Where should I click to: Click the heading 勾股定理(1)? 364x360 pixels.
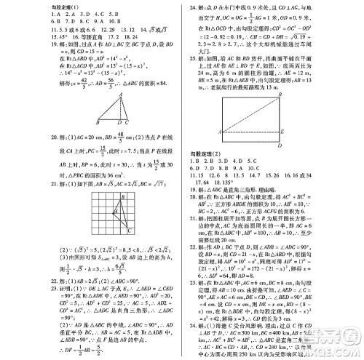(x=21, y=4)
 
